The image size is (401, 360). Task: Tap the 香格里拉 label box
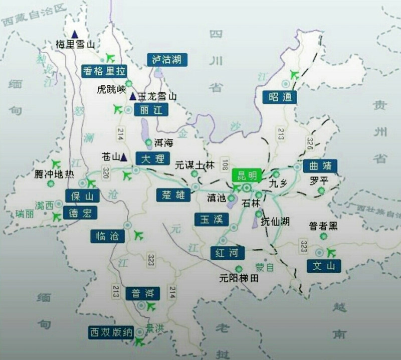104,71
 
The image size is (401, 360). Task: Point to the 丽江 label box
151,110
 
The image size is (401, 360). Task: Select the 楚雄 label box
173,195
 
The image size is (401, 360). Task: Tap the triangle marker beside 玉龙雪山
132,96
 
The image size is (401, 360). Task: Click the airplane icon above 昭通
294,75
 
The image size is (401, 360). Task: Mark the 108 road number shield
224,163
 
